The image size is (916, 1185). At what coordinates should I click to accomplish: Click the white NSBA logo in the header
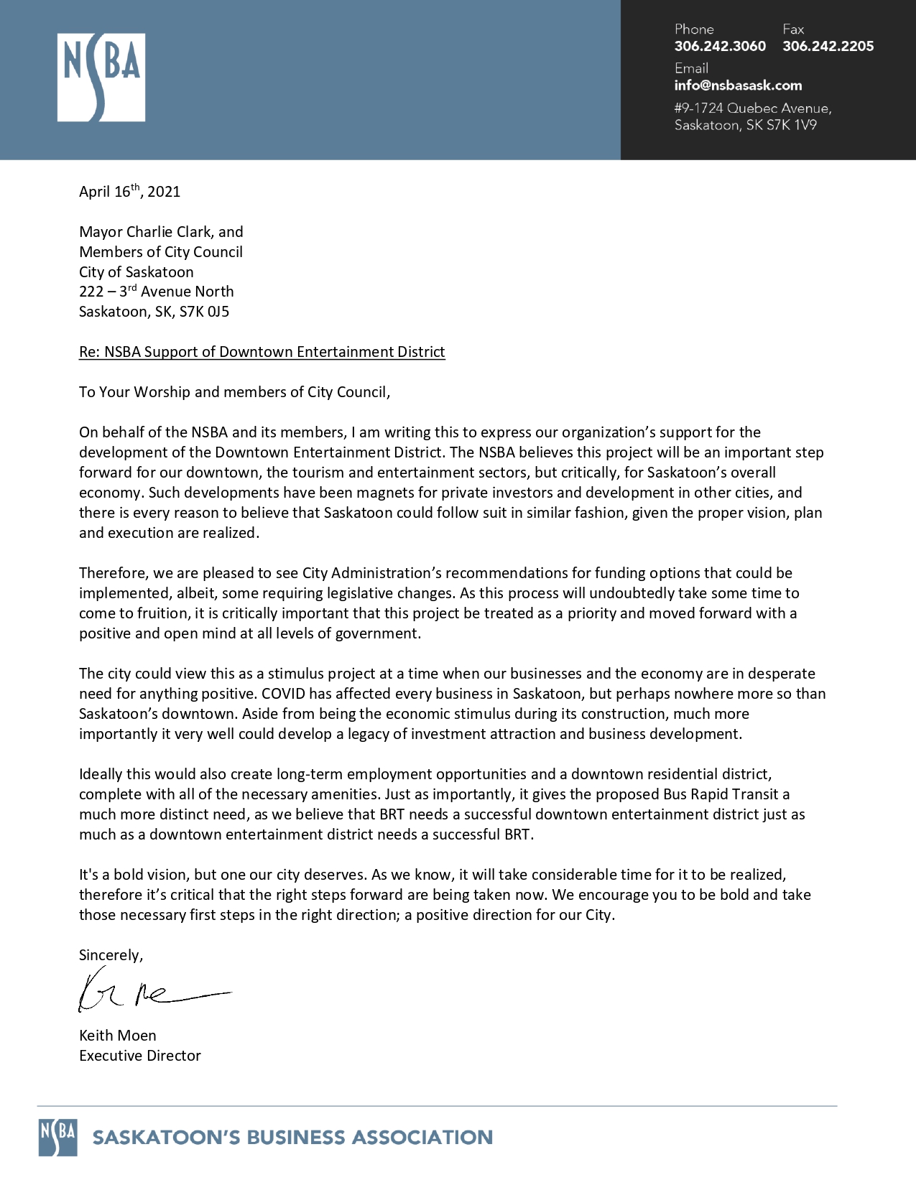tap(101, 77)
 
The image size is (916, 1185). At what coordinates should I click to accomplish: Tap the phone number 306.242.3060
tap(720, 46)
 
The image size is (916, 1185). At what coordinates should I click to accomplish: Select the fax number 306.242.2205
tap(828, 46)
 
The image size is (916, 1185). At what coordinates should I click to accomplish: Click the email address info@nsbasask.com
tap(738, 85)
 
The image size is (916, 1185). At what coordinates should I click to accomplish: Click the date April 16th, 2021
tap(129, 192)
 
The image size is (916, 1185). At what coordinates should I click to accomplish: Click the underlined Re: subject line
tap(262, 352)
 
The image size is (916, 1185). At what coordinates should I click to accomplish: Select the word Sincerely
tap(111, 955)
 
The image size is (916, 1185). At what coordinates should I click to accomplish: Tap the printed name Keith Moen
tap(117, 1036)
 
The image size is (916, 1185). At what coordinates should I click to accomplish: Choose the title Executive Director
tap(139, 1056)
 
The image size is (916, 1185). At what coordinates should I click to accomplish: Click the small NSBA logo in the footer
tap(57, 1138)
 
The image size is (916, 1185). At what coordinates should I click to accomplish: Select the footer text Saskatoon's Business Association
tap(292, 1138)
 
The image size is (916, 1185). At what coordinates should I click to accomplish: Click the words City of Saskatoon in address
tap(136, 272)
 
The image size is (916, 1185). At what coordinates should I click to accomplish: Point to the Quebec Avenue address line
tap(752, 108)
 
